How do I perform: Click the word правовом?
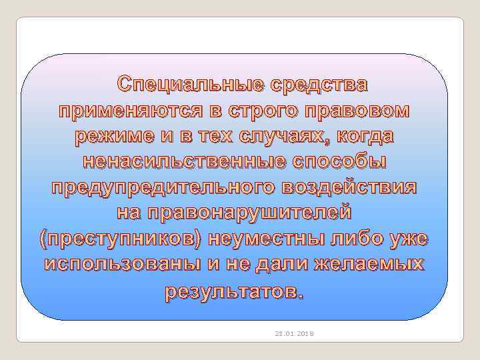(x=361, y=111)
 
